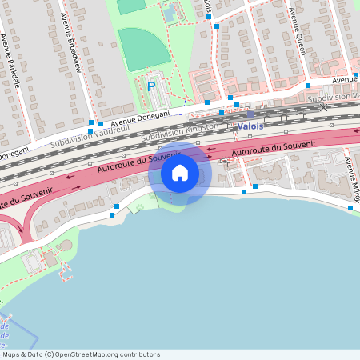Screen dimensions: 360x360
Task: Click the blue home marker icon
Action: pyautogui.click(x=180, y=173)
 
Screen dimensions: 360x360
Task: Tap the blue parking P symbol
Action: pyautogui.click(x=151, y=86)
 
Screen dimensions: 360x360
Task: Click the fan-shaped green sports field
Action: pyautogui.click(x=144, y=48)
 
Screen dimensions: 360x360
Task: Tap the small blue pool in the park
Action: pyautogui.click(x=170, y=12)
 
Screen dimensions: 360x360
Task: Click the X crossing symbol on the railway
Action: pyautogui.click(x=324, y=106)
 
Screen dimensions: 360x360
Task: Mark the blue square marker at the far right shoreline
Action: pyautogui.click(x=350, y=208)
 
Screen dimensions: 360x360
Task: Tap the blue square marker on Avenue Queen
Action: pyautogui.click(x=307, y=85)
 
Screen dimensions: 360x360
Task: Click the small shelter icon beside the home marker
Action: pyautogui.click(x=225, y=163)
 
